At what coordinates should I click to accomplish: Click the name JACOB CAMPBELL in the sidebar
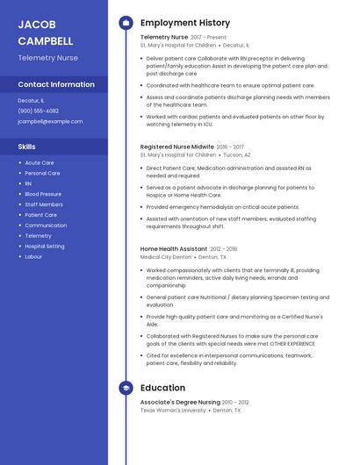[45, 32]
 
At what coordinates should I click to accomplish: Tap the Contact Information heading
[56, 84]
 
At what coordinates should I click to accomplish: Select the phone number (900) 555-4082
[38, 111]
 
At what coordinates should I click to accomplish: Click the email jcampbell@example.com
[50, 121]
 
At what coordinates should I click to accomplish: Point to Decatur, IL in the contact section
[31, 101]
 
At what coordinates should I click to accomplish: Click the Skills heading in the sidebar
[26, 147]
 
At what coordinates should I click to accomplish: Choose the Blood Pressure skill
[43, 194]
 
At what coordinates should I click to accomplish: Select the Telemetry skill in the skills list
[38, 236]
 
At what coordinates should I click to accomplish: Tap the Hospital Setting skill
[45, 247]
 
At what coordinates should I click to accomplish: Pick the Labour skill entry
[33, 257]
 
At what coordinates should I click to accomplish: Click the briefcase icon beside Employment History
[125, 23]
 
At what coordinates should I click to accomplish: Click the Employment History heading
[185, 23]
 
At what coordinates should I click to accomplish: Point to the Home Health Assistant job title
[174, 249]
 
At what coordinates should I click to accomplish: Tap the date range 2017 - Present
[208, 38]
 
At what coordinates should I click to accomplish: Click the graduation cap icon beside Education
[125, 388]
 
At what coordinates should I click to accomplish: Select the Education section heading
[162, 388]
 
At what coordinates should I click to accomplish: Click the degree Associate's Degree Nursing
[180, 402]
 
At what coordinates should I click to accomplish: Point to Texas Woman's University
[173, 410]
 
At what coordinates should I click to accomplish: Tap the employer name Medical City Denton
[165, 257]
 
